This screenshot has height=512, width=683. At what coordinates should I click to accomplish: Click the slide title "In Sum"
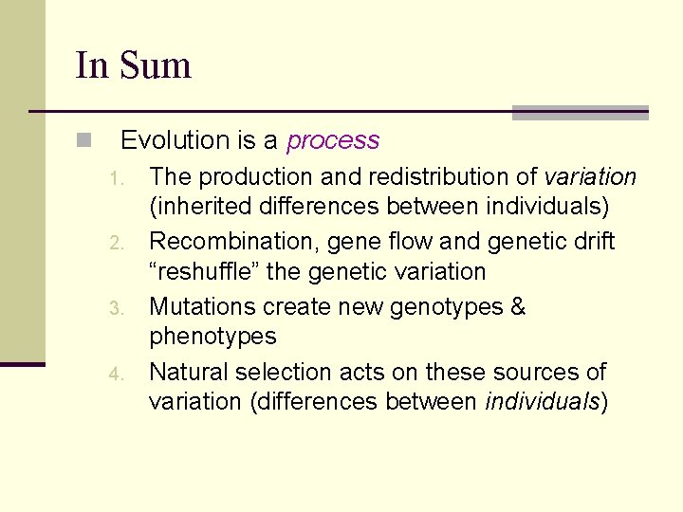(133, 65)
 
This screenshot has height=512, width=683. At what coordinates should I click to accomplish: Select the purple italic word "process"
(333, 141)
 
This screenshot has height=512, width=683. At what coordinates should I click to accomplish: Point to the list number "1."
(116, 179)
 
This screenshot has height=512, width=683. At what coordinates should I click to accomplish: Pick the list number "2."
(116, 244)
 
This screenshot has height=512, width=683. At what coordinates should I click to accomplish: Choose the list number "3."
(116, 309)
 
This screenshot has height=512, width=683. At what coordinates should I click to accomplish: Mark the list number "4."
(116, 374)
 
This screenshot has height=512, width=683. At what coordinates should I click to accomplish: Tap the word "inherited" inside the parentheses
(202, 206)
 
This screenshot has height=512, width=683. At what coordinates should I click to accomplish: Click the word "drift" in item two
(592, 242)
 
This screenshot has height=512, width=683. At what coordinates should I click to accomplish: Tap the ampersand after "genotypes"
(518, 306)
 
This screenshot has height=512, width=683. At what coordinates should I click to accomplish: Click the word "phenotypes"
(212, 337)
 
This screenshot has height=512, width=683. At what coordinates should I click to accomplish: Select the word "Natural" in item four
(185, 372)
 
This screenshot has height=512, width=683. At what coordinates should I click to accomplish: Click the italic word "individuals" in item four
(542, 401)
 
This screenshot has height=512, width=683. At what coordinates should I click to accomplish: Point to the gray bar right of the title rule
(580, 113)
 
